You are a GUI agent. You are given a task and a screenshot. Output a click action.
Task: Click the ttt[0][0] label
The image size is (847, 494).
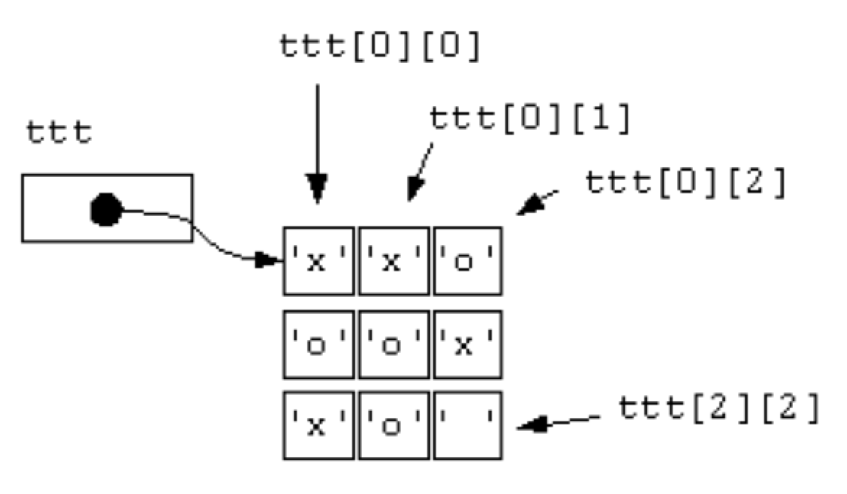pyautogui.click(x=380, y=47)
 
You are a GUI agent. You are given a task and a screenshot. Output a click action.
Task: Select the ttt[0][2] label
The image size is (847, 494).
pyautogui.click(x=686, y=184)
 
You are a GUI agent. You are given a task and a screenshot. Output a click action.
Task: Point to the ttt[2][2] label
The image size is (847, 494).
pyautogui.click(x=719, y=410)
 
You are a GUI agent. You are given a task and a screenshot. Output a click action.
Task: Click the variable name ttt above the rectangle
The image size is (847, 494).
pyautogui.click(x=59, y=132)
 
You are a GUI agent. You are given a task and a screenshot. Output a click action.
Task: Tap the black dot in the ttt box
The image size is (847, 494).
pyautogui.click(x=106, y=210)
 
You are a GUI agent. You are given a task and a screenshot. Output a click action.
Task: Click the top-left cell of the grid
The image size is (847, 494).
pyautogui.click(x=318, y=261)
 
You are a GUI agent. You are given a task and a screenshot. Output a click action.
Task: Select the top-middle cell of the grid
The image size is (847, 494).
pyautogui.click(x=393, y=261)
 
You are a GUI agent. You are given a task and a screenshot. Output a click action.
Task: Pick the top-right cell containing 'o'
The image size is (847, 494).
pyautogui.click(x=468, y=261)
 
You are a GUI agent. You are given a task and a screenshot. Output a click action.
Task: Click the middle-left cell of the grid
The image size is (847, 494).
pyautogui.click(x=318, y=344)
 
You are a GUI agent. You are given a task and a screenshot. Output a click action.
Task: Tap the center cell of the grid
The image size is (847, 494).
pyautogui.click(x=393, y=344)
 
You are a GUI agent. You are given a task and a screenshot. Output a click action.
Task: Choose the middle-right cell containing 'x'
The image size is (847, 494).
pyautogui.click(x=468, y=344)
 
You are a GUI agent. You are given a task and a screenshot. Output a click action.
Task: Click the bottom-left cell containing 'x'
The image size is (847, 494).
pyautogui.click(x=318, y=425)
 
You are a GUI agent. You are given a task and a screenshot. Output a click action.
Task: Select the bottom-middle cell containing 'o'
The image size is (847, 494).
pyautogui.click(x=393, y=425)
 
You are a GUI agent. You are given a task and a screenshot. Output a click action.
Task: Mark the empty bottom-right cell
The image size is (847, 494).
pyautogui.click(x=468, y=425)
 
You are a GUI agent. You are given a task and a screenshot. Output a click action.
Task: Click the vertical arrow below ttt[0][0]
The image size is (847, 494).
pyautogui.click(x=317, y=145)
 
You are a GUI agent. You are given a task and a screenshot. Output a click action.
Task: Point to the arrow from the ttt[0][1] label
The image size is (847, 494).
pyautogui.click(x=420, y=173)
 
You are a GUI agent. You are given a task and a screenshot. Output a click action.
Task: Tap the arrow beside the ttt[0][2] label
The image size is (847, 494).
pyautogui.click(x=537, y=203)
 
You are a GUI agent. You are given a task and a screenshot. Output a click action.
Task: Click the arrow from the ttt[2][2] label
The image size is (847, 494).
pyautogui.click(x=558, y=422)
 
